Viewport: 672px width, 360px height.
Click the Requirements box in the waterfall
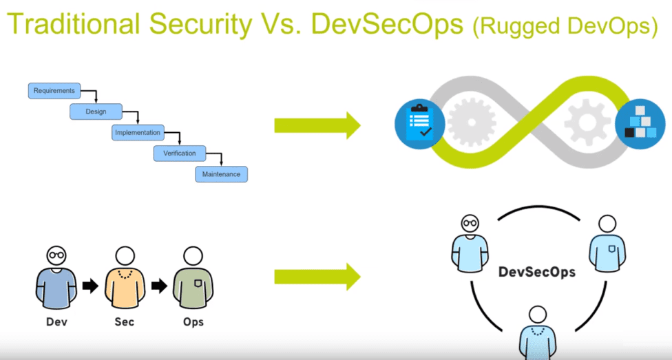pyautogui.click(x=54, y=90)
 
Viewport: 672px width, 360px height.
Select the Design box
pyautogui.click(x=96, y=112)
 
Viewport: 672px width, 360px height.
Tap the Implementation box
pyautogui.click(x=138, y=132)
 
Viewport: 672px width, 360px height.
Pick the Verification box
pyautogui.click(x=179, y=153)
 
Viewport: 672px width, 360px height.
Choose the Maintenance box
pyautogui.click(x=221, y=174)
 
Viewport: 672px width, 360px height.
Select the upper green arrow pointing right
pyautogui.click(x=317, y=125)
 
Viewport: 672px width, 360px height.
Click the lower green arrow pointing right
pyautogui.click(x=317, y=277)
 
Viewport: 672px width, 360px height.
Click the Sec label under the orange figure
pyautogui.click(x=125, y=322)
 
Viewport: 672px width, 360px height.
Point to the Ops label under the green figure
pyautogui.click(x=194, y=322)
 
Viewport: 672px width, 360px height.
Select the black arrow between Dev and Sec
pyautogui.click(x=90, y=286)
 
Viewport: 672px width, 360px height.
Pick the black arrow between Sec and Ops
pyautogui.click(x=160, y=286)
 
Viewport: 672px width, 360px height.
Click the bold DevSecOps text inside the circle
pyautogui.click(x=536, y=272)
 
